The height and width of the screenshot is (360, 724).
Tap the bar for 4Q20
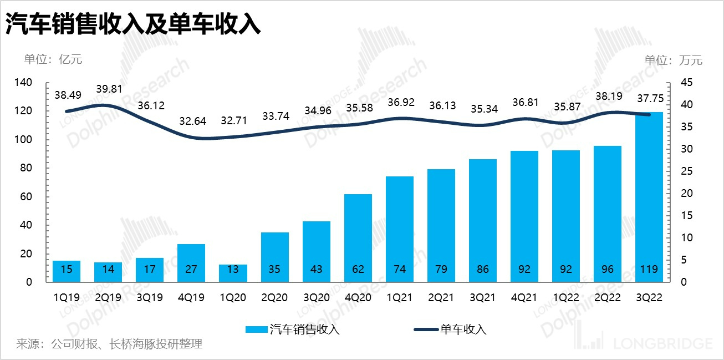point(358,238)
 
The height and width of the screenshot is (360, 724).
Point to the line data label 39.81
point(109,89)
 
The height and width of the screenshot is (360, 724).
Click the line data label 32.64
point(192,120)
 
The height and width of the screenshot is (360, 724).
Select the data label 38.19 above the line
point(608,95)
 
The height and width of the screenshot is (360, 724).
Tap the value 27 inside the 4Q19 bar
point(191,270)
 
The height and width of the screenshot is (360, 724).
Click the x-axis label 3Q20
point(316,297)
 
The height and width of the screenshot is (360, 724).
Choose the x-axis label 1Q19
point(67,297)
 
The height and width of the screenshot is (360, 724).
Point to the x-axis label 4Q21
point(524,297)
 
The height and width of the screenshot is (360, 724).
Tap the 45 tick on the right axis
point(679,83)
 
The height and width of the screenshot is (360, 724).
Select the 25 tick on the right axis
point(679,171)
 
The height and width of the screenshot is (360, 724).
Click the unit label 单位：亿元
point(53,59)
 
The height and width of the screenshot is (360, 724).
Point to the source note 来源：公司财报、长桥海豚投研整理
point(109,344)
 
